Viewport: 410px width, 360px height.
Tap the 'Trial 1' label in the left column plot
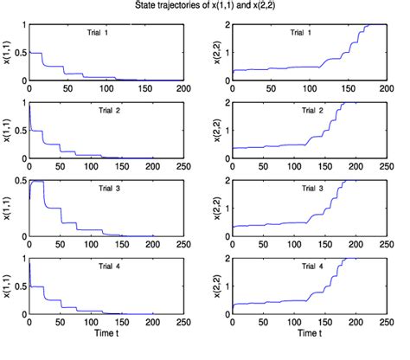(x=93, y=33)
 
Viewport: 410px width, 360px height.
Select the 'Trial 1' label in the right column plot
(x=302, y=33)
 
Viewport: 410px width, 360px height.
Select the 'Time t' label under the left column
(x=112, y=334)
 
